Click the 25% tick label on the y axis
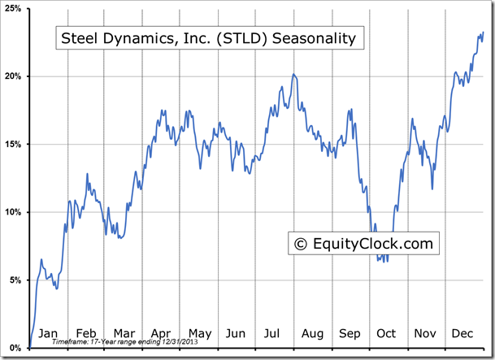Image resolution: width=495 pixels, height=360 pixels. coord(15,8)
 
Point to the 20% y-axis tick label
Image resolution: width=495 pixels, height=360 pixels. coord(15,76)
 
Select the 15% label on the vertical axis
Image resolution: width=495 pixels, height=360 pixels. coord(15,145)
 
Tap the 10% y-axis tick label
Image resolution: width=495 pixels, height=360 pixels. coord(15,212)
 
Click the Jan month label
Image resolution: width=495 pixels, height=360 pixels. coord(49,333)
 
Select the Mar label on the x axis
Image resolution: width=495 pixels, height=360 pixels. coord(124,333)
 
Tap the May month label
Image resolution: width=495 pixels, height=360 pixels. coord(199,333)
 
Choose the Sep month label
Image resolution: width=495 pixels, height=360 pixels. coord(350,333)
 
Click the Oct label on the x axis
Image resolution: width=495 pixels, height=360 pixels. coord(386,333)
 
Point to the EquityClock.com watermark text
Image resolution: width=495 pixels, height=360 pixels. coord(370,242)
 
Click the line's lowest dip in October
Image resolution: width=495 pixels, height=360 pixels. coord(387,262)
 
